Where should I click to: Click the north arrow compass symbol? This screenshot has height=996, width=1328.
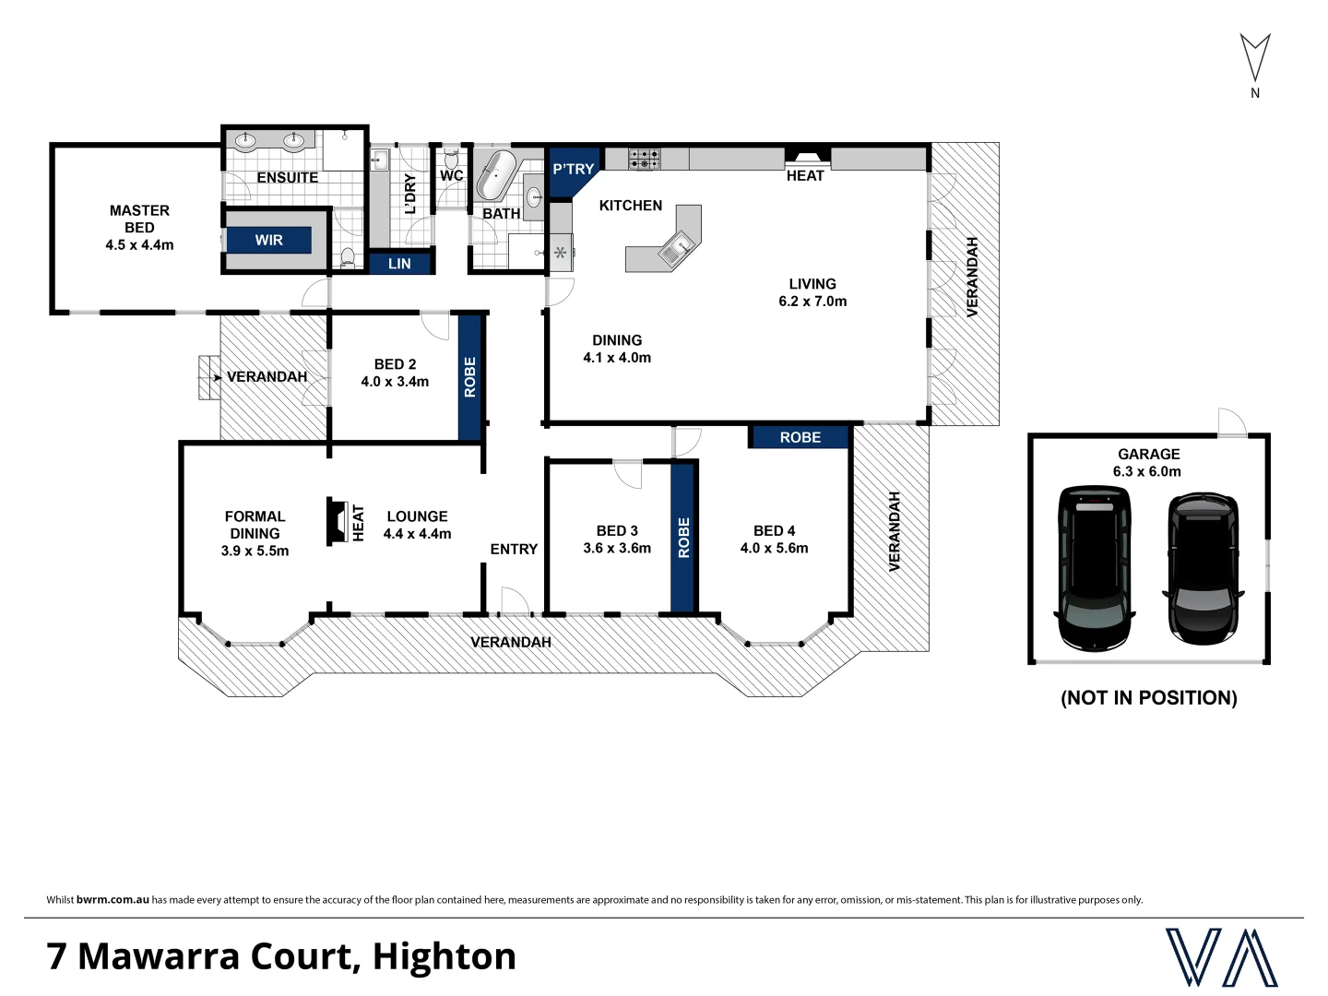1254,59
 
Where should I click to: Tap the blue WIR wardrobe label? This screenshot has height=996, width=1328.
268,240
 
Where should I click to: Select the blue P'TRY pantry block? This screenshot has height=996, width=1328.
572,170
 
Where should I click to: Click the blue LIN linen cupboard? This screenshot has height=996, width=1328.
399,264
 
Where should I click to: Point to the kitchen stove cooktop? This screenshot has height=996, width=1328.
645,159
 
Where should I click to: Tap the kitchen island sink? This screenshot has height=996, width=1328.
678,245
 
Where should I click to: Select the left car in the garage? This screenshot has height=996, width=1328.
1094,566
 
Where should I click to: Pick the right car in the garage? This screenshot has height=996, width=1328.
1203,568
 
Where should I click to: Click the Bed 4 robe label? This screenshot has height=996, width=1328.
800,437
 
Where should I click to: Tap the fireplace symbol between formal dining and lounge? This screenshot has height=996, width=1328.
336,523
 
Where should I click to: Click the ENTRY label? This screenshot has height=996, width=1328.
514,549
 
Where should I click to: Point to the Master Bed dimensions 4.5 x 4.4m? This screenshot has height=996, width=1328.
139,245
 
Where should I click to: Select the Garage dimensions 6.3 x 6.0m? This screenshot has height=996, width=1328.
1148,471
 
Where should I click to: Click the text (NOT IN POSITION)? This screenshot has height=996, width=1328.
1149,698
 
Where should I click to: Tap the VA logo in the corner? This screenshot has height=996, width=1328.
1221,957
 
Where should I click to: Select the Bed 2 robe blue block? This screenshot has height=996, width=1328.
470,377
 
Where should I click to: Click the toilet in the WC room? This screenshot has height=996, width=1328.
452,161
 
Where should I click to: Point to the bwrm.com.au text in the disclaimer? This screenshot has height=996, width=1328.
113,900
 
